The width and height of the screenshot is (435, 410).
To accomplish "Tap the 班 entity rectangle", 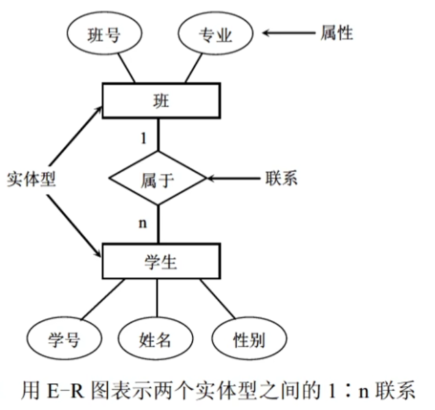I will [x=161, y=101].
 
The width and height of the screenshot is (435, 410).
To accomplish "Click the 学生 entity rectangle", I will [x=160, y=261].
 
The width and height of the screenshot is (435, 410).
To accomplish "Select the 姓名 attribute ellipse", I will [x=156, y=338].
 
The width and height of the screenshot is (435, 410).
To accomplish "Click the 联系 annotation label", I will [x=281, y=179].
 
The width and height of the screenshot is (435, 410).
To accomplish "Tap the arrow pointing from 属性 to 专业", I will [x=286, y=32].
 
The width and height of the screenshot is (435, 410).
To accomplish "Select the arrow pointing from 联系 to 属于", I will [x=233, y=179].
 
